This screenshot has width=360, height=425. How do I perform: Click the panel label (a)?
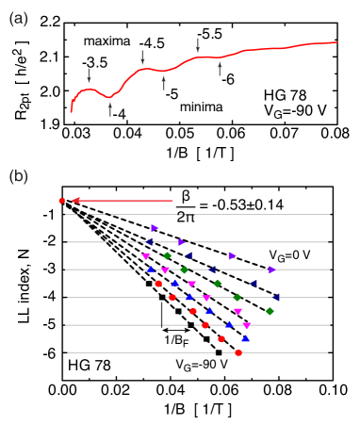pos(18,19)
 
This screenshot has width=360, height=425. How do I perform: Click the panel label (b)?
pos(18,176)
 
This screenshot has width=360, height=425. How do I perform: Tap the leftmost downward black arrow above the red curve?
pos(90,75)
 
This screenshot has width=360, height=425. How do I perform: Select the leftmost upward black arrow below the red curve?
pos(110,108)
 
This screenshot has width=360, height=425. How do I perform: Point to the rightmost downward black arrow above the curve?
pos(198,45)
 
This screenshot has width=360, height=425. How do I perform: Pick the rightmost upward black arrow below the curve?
pos(220,68)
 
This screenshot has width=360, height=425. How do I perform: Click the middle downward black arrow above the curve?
pos(143,57)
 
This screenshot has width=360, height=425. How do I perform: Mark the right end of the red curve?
pos(336,41)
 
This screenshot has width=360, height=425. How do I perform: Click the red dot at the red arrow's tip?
pos(62,201)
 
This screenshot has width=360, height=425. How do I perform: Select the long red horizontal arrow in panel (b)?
pos(123,201)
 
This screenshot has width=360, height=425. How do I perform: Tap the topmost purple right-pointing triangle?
pos(155,228)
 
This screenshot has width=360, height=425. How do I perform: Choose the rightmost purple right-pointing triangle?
pos(271,270)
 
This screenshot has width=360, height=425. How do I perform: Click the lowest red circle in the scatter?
pos(238,352)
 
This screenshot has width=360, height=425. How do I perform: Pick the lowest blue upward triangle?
pos(245,338)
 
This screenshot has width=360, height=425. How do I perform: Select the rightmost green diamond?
pos(270,311)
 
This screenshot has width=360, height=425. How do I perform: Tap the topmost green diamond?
pos(168,255)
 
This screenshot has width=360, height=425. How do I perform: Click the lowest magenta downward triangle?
pos(247,325)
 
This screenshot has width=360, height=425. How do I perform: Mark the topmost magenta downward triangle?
pos(146,256)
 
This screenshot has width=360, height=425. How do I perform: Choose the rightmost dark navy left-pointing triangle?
pos(276,297)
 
